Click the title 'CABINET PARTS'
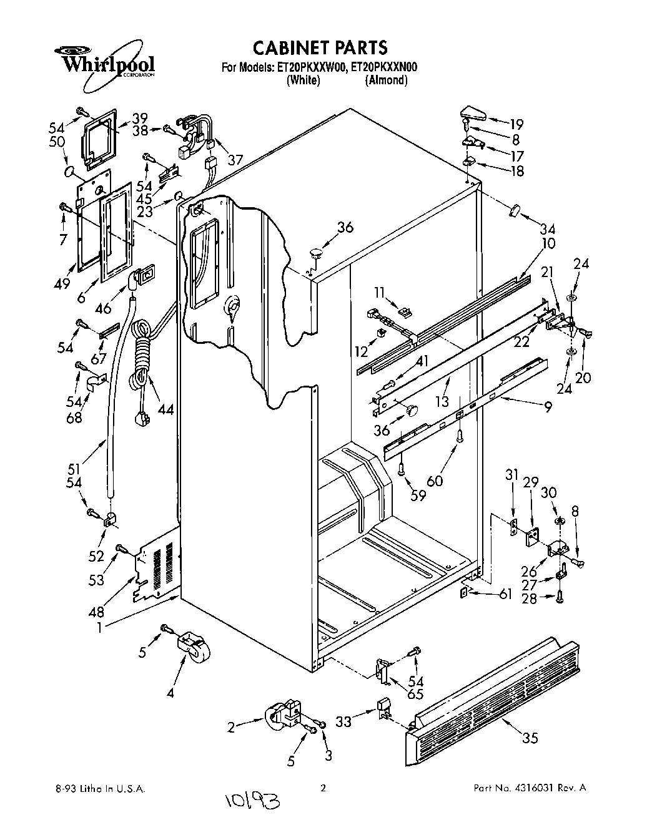[319, 47]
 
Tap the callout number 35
[530, 738]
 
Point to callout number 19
[516, 124]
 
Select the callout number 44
[165, 409]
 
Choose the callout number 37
[235, 160]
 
